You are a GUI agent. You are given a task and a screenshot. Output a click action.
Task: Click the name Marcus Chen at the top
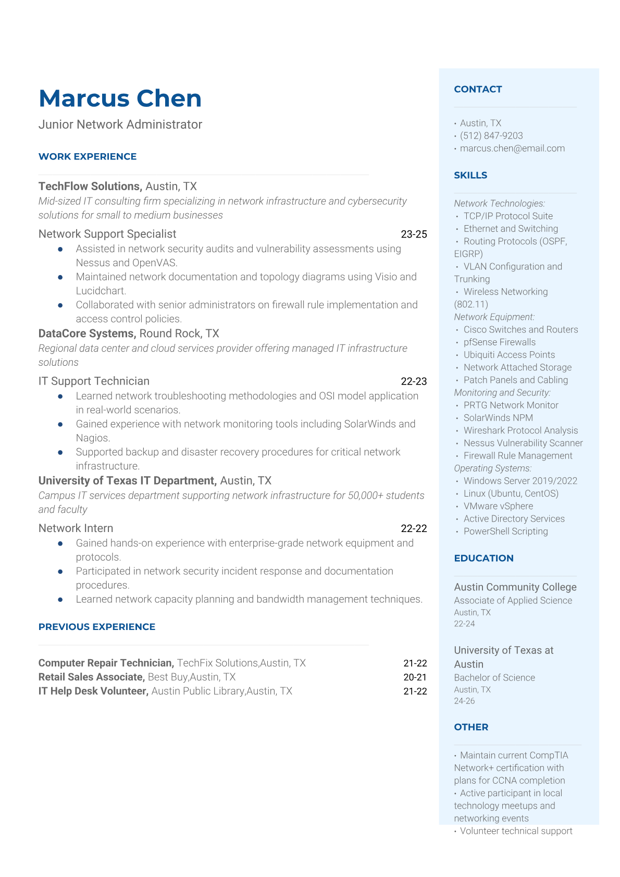click(x=120, y=98)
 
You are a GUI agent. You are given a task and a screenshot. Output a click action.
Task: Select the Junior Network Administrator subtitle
click(x=120, y=125)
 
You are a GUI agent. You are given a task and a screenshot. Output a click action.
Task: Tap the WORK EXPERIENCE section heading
click(x=88, y=157)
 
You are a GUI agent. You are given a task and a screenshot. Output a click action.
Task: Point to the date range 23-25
click(x=414, y=234)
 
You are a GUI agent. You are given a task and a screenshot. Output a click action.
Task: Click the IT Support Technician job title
click(x=94, y=381)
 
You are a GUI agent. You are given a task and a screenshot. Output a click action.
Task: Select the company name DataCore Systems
click(x=86, y=333)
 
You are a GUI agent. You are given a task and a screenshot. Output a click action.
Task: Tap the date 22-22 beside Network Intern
click(x=414, y=528)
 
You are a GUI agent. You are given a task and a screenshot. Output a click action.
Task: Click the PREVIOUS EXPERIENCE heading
click(x=97, y=627)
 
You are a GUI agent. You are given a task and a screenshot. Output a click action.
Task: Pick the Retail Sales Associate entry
click(x=91, y=677)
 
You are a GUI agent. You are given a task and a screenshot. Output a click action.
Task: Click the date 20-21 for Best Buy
click(x=415, y=677)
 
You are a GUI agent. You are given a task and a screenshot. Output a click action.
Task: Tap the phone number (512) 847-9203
click(x=491, y=136)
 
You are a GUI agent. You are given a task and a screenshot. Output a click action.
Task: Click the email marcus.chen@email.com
click(x=512, y=149)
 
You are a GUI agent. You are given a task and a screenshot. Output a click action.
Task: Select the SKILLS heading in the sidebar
click(x=470, y=176)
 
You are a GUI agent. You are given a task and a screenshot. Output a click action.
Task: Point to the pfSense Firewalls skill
click(x=499, y=342)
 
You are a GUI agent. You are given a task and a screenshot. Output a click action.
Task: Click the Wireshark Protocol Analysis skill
click(x=520, y=430)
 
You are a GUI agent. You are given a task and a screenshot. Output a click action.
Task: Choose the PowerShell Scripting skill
click(x=505, y=532)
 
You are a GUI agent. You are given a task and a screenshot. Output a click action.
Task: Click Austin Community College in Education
click(x=515, y=587)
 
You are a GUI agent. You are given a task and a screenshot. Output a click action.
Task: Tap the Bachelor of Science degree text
click(x=494, y=678)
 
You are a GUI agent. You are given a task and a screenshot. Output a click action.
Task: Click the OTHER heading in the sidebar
click(x=471, y=727)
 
